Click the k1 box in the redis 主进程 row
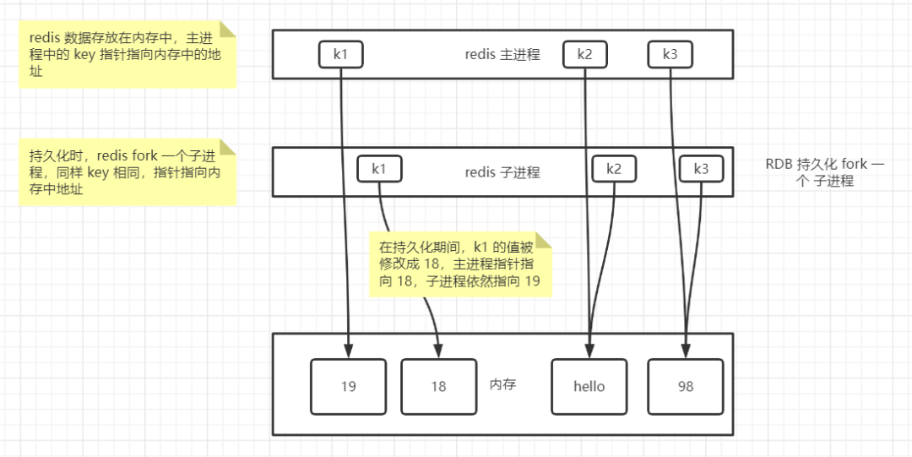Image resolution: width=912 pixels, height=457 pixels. (340, 55)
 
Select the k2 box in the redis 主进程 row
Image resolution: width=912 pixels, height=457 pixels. (585, 55)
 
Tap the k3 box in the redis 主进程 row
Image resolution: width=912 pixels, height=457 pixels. (670, 55)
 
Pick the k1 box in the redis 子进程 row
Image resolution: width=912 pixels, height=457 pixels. (379, 169)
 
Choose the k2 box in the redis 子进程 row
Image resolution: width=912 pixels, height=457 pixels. (614, 169)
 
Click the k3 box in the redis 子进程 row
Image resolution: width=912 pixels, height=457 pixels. (702, 169)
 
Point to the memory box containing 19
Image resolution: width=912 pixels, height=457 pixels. (348, 387)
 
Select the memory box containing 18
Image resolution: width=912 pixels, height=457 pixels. (438, 387)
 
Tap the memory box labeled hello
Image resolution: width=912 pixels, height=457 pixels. (589, 387)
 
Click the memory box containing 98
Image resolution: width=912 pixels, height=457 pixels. (686, 387)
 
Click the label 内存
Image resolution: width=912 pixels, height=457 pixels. (503, 384)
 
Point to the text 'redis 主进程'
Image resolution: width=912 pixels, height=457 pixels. (502, 55)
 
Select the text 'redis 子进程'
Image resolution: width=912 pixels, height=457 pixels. (502, 172)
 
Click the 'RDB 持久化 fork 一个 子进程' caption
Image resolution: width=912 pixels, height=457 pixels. (825, 172)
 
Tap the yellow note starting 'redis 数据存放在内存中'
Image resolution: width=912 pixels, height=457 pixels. (128, 55)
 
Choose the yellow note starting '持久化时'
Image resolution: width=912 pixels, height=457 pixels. (128, 172)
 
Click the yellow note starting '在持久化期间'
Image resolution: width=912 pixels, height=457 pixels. (460, 264)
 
